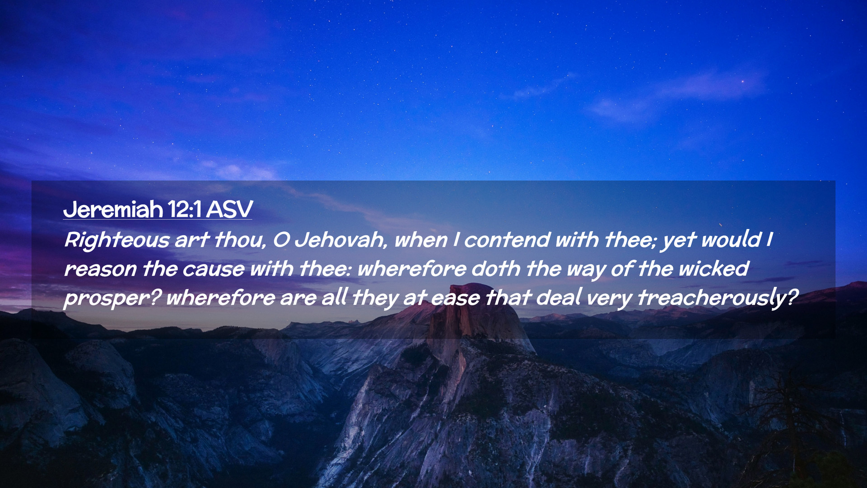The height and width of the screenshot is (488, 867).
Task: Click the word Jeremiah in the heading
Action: (113, 210)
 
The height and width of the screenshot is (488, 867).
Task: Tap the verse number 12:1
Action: (184, 210)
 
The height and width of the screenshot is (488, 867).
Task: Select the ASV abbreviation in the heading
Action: (229, 210)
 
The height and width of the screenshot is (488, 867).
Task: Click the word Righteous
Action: (117, 240)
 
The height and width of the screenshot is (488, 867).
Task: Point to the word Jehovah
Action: (341, 239)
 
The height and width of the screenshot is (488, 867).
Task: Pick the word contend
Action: (507, 239)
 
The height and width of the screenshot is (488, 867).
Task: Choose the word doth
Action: (496, 268)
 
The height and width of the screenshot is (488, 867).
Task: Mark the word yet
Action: (679, 240)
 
